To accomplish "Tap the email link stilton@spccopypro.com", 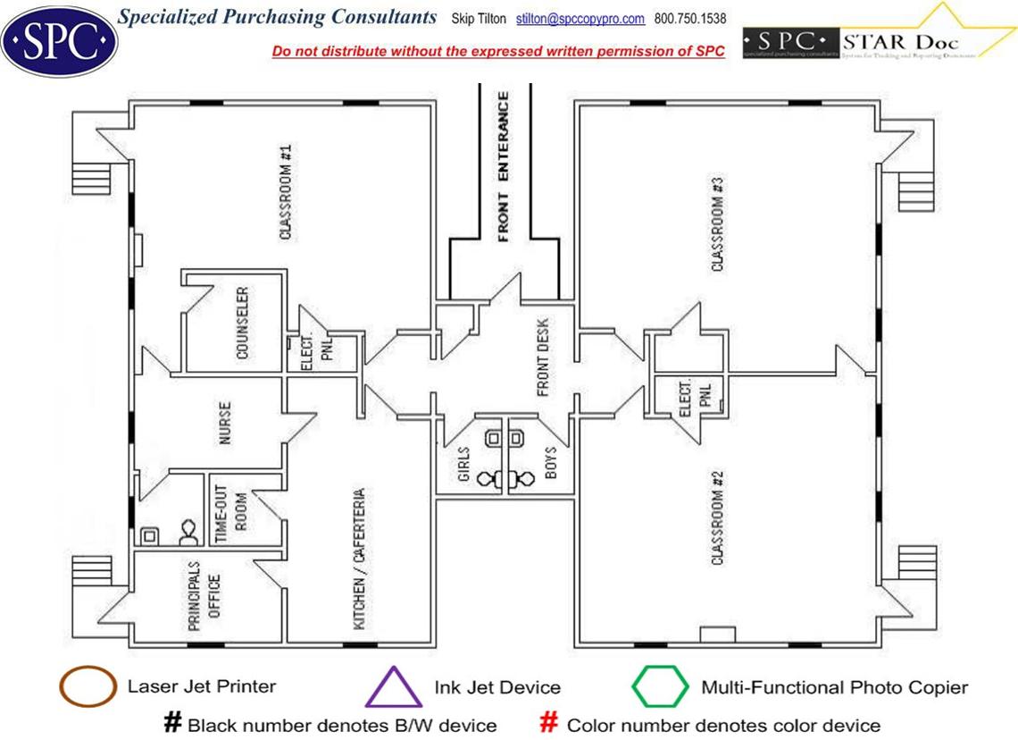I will [x=580, y=19].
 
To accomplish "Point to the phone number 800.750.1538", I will [x=690, y=19].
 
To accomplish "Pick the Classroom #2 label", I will [x=717, y=516].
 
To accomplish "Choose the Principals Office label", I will [x=204, y=597].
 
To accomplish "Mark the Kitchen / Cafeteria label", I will [x=359, y=558].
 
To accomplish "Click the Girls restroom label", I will [x=463, y=464].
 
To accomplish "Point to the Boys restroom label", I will [x=550, y=463].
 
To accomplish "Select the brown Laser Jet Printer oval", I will [x=87, y=687].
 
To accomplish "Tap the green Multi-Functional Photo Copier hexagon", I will [x=660, y=687].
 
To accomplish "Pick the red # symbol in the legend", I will [x=549, y=723].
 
